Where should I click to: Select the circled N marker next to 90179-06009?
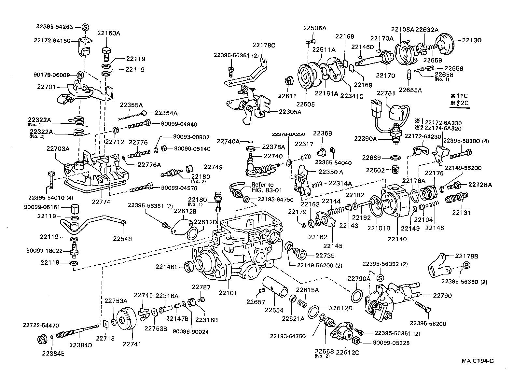point(80,75)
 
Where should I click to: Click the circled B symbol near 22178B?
point(465,265)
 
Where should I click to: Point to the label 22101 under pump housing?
point(228,293)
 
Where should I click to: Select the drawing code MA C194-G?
point(478,361)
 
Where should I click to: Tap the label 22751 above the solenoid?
point(386,93)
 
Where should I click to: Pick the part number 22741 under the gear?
point(132,344)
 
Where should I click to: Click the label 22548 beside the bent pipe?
point(122,239)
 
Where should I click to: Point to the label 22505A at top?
point(314,28)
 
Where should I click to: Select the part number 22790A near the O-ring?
point(359,278)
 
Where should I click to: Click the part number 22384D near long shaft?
point(80,345)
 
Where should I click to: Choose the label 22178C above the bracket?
point(264,45)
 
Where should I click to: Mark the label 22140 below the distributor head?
point(397,239)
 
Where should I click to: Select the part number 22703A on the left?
point(58,148)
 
